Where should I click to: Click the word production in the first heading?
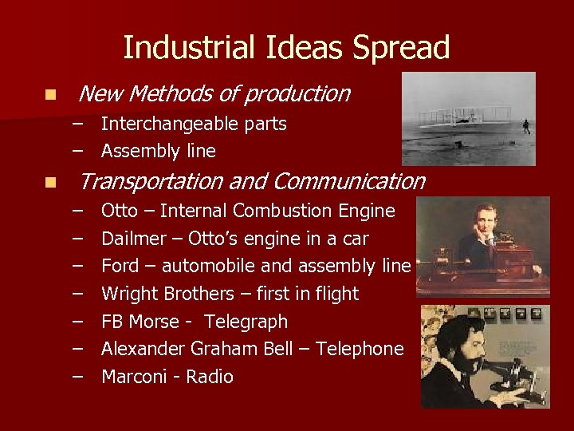tap(297, 94)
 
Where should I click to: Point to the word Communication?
tap(348, 182)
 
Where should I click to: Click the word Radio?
tap(210, 377)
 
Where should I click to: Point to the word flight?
tap(337, 294)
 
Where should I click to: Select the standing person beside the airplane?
tap(525, 126)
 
